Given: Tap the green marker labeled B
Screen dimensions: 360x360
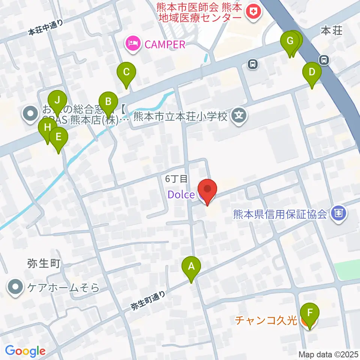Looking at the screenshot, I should click(108, 102).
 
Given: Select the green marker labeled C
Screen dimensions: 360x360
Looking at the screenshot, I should click(126, 72).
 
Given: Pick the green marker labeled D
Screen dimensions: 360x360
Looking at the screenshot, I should click(312, 72).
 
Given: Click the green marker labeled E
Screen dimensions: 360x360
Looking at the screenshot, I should click(58, 138).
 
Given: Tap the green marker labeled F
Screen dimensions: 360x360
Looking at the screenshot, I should click(309, 313).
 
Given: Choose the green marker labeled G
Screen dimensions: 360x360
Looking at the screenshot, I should click(290, 41).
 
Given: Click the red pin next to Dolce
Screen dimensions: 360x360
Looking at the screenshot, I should click(207, 189).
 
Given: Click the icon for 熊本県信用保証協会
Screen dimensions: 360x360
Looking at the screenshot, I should click(339, 214).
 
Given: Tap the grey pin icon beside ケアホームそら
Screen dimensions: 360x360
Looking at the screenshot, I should click(15, 288).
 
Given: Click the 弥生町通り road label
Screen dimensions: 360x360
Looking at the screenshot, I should click(148, 300).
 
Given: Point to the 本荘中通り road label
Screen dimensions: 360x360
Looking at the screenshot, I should click(45, 28).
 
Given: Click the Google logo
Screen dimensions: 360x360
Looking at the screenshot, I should click(25, 351).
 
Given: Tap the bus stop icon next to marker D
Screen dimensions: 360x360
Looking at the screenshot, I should click(323, 59).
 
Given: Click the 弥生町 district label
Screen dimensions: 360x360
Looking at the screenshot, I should click(44, 264).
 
